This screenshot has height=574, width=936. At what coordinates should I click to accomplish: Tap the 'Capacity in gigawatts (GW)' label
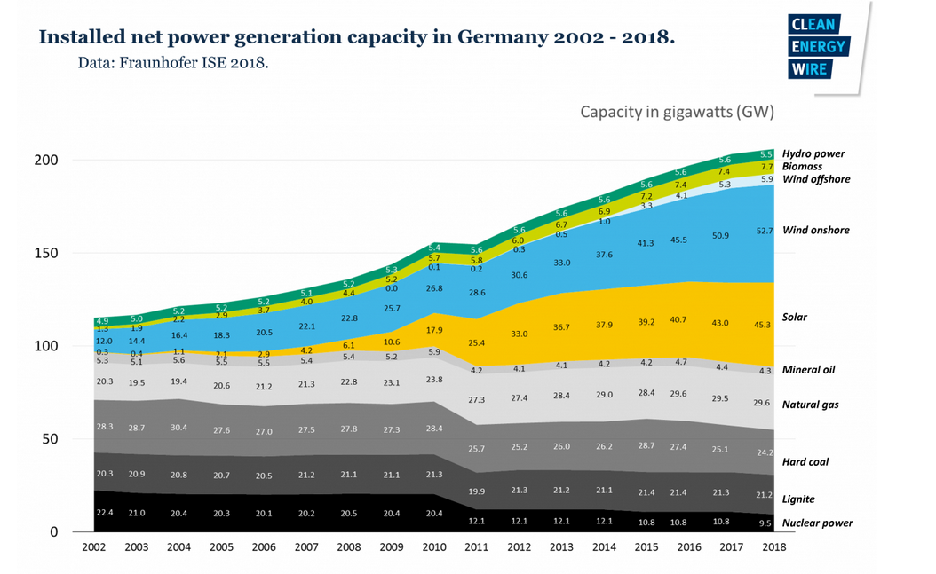pos(678,112)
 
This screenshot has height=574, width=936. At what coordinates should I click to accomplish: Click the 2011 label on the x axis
pos(477,547)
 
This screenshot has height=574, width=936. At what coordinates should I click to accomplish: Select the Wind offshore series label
pos(816,179)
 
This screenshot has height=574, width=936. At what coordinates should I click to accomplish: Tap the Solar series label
pos(794,317)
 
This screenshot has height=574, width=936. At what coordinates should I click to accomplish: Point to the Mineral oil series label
pos(808,369)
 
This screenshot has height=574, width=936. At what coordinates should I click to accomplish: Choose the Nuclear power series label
pos(817,523)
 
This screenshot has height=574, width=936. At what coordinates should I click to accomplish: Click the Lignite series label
pos(798,499)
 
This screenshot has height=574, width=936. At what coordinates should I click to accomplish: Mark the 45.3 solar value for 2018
pos(763,324)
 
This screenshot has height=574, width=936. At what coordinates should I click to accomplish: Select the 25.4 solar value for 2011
pos(476,342)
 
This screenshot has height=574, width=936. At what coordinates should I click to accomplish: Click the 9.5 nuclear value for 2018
pos(765,523)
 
